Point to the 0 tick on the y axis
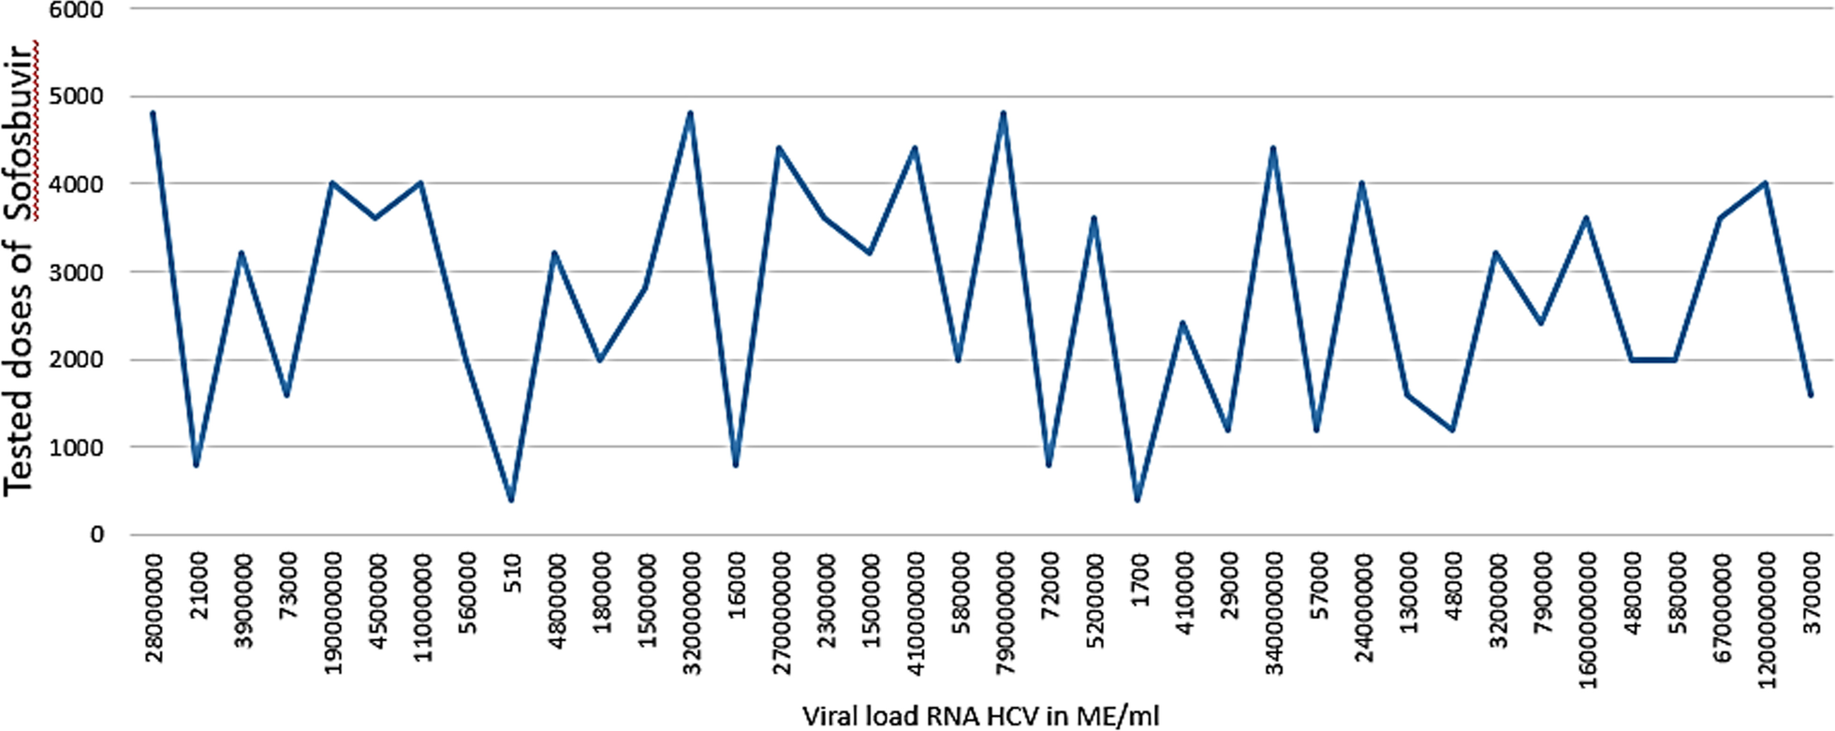click(x=96, y=535)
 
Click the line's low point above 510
click(x=511, y=500)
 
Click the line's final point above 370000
click(x=1811, y=395)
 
